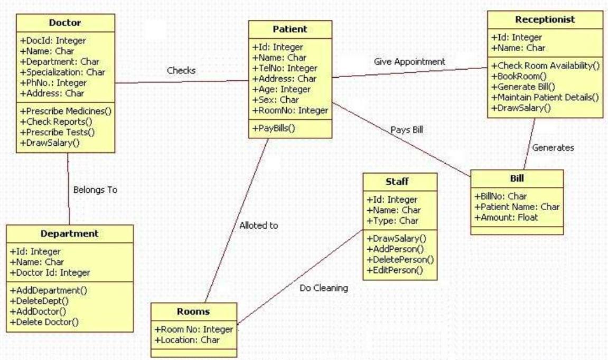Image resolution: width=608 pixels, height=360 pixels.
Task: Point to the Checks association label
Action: click(181, 70)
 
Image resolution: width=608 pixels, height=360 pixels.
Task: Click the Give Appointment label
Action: click(409, 61)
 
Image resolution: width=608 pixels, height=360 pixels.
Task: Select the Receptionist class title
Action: click(545, 20)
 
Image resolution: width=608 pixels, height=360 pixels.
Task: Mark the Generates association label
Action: click(553, 148)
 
